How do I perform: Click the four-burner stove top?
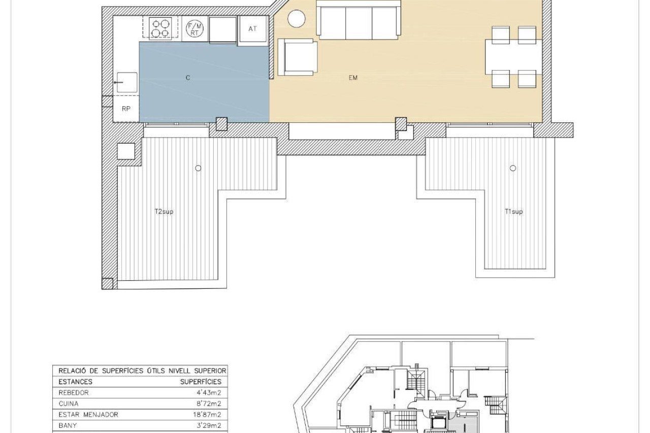[x=160, y=28]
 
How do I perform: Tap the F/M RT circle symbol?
[x=194, y=28]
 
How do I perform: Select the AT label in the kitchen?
[x=252, y=29]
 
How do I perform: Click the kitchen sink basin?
[x=127, y=82]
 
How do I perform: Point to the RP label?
[x=126, y=109]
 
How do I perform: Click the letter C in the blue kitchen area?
[x=188, y=78]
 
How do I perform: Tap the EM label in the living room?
[x=353, y=78]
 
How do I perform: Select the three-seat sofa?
[x=359, y=20]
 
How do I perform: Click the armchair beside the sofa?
[x=298, y=57]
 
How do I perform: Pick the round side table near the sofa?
[x=296, y=19]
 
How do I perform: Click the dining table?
[x=513, y=57]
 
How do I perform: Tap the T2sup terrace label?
[x=164, y=212]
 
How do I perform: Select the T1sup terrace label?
[x=513, y=212]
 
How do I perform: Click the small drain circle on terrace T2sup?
[x=198, y=168]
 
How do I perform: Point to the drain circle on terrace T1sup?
[x=513, y=168]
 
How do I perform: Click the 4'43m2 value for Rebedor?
[x=209, y=393]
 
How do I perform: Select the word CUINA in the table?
[x=69, y=404]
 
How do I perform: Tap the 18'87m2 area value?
[x=207, y=415]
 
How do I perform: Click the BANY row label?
[x=68, y=426]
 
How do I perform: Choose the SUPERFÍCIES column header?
[x=201, y=382]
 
